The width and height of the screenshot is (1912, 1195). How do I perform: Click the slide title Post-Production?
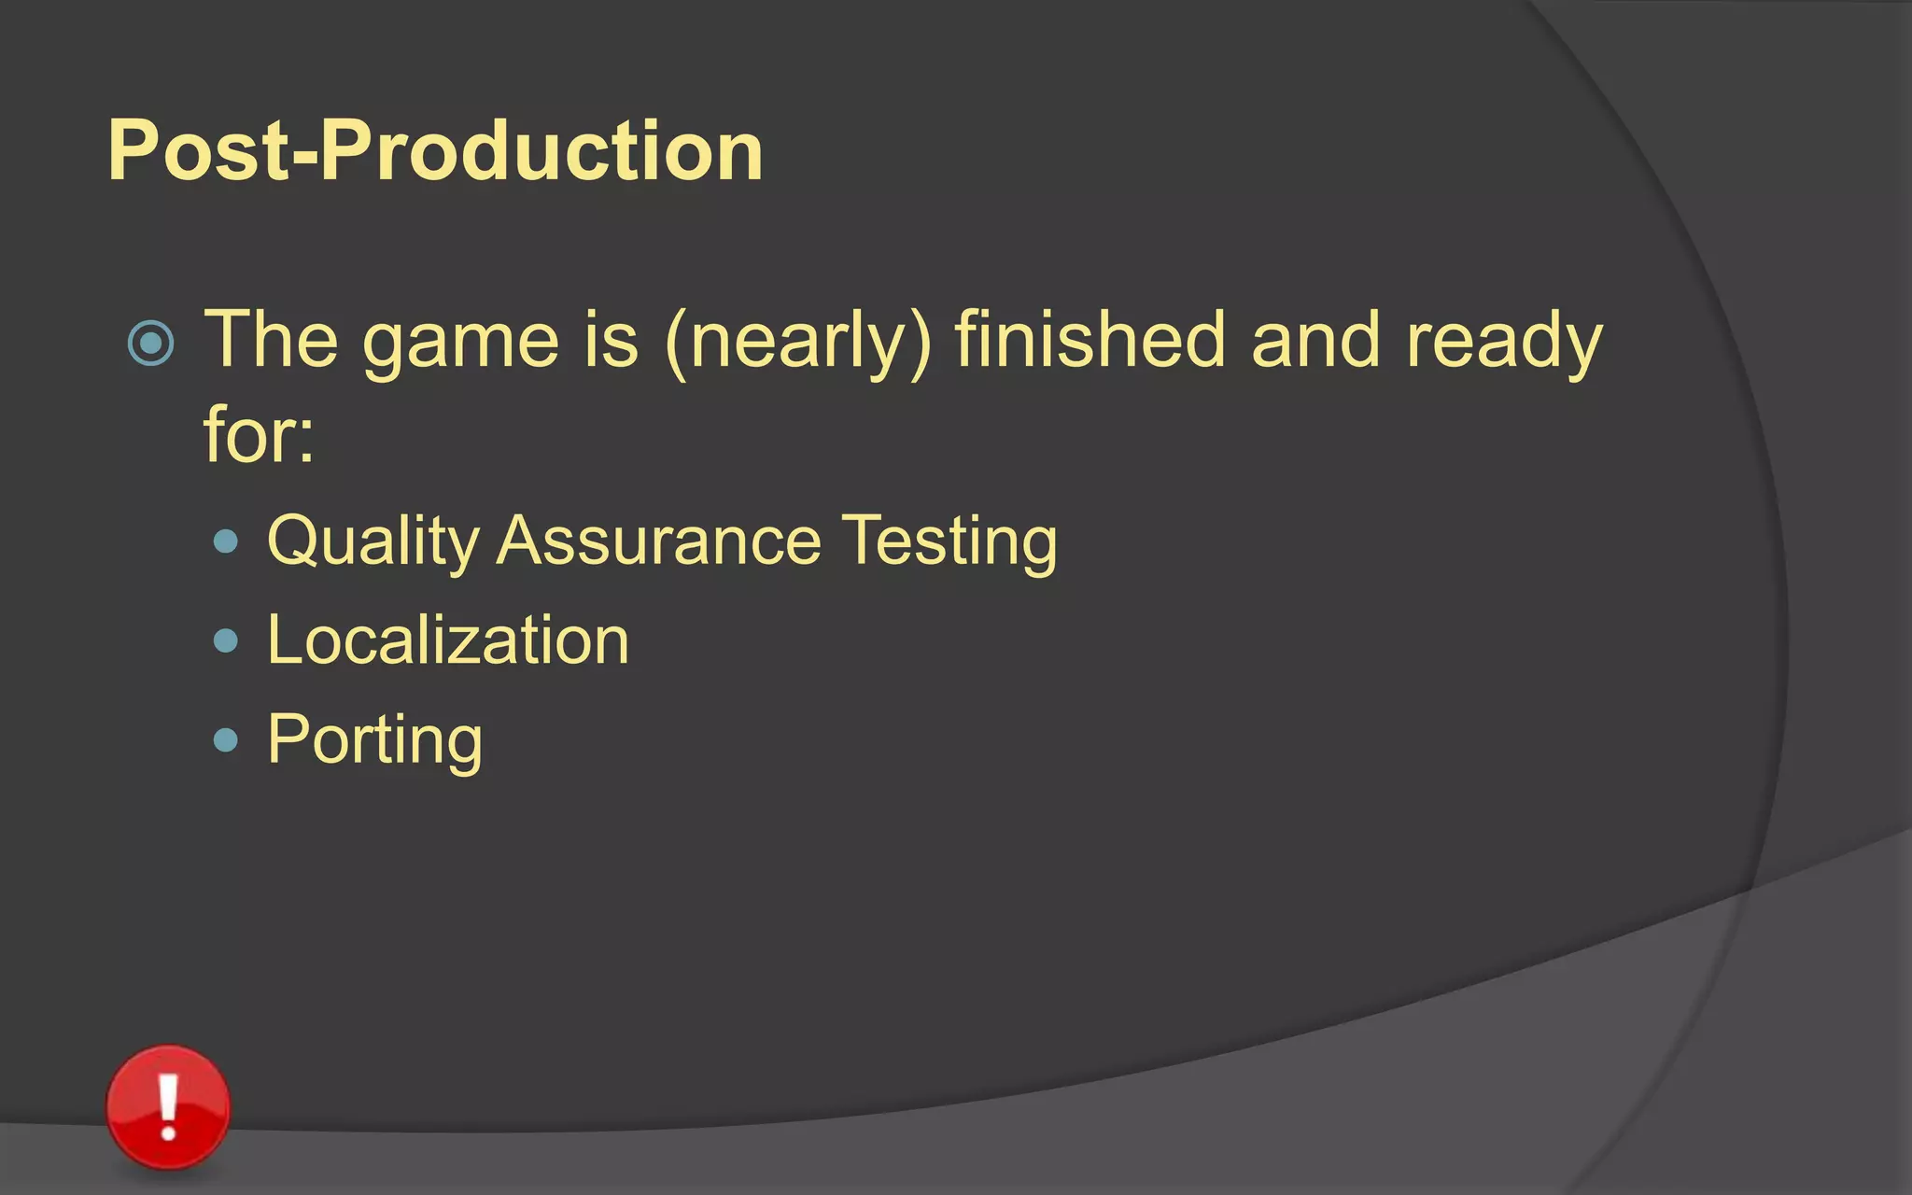[435, 150]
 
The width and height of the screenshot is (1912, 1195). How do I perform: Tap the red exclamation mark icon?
[168, 1107]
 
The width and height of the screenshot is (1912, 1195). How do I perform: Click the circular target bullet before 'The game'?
[150, 343]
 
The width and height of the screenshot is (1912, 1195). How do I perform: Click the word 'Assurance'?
[658, 541]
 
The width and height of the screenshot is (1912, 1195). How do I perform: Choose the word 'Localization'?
[448, 640]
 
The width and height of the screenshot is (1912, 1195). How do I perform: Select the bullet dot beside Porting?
[226, 740]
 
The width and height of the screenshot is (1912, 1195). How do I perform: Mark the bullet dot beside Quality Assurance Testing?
[226, 541]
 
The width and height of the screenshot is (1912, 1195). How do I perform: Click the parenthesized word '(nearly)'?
[798, 342]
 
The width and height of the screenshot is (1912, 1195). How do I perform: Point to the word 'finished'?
[1089, 340]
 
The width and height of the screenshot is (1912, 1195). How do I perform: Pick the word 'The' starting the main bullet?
[271, 340]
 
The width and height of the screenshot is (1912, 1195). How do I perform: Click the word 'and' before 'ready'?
[1314, 340]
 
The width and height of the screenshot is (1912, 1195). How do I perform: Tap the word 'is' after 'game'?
[612, 340]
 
